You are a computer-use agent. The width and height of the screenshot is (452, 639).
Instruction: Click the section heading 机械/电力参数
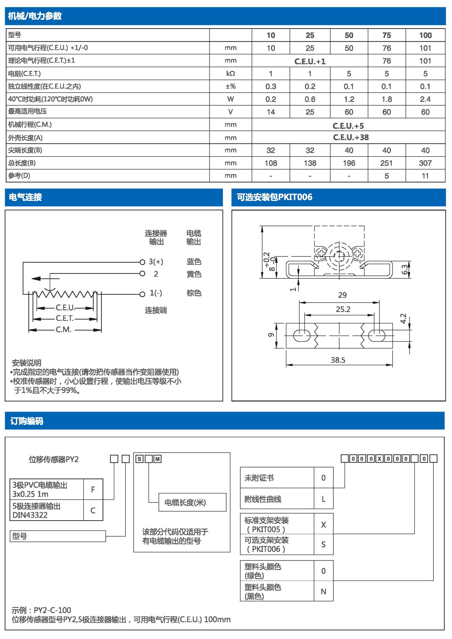(35, 16)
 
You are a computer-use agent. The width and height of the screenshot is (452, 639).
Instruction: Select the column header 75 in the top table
(387, 35)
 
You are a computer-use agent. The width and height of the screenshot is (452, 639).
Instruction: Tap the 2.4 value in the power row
(425, 99)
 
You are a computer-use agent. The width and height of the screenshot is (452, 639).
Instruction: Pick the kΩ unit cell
(230, 74)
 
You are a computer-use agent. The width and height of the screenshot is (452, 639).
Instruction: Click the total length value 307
(425, 163)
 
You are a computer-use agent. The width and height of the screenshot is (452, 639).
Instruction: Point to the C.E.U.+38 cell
(350, 137)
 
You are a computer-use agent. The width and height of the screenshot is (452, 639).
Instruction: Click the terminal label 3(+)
(156, 262)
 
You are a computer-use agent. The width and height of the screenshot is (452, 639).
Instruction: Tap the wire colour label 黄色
(194, 274)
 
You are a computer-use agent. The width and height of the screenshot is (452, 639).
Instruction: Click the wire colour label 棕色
(194, 293)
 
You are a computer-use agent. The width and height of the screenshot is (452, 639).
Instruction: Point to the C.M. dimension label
(63, 330)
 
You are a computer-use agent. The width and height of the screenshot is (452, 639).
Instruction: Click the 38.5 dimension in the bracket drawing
(338, 360)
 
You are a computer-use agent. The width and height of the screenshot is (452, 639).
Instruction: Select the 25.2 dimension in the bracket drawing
(343, 309)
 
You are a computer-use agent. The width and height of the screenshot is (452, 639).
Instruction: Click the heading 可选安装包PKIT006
(274, 197)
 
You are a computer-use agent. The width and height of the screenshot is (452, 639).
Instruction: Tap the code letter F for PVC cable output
(93, 489)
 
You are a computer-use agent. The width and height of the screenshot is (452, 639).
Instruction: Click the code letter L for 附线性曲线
(323, 499)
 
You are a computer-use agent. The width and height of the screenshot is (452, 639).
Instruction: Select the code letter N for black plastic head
(323, 591)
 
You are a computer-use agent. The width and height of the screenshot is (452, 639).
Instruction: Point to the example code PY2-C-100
(52, 610)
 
